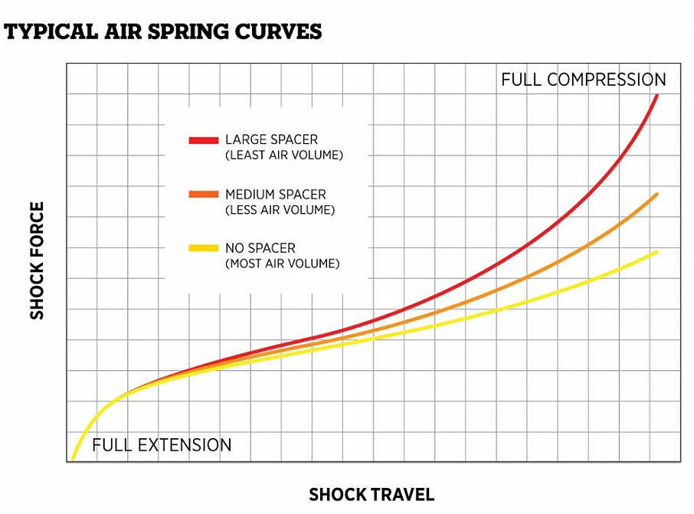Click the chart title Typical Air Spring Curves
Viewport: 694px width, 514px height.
point(163,31)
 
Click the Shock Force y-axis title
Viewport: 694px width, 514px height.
point(37,260)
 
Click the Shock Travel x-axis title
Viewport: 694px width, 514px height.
point(372,495)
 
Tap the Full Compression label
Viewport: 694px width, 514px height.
point(583,80)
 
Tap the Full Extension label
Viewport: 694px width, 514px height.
point(162,445)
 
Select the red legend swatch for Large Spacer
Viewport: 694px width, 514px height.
point(203,140)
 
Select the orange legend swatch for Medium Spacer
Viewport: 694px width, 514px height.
point(203,195)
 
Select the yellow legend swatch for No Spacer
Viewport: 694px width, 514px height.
point(203,248)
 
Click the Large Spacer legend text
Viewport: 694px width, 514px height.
point(271,140)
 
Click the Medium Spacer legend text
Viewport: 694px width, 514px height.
point(275,195)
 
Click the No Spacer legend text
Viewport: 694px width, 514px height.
point(260,248)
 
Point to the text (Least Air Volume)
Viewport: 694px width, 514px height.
point(283,156)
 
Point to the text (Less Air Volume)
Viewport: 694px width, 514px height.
point(280,210)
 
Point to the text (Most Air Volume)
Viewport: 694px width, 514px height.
point(282,264)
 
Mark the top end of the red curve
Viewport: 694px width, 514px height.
point(657,95)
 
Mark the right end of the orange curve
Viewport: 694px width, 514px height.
point(657,195)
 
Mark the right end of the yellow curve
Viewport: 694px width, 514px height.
point(657,251)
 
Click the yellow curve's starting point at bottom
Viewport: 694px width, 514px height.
point(73,459)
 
